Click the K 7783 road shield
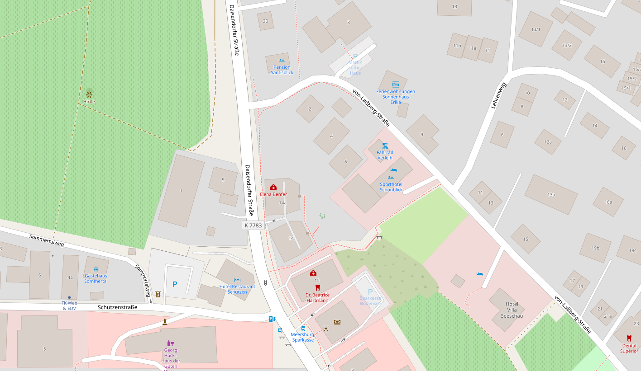[253, 225]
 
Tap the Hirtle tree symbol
[89, 94]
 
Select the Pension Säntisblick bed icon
[282, 61]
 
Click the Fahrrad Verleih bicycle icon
[385, 146]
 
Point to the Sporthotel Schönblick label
[391, 187]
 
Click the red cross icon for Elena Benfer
[273, 187]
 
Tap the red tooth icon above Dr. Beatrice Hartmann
[317, 287]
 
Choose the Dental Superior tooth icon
[629, 338]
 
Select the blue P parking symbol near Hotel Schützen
[175, 284]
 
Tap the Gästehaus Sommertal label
[96, 278]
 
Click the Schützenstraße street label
[117, 307]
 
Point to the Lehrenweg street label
[498, 95]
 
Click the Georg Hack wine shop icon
[171, 343]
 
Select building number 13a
[551, 195]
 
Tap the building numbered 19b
[595, 248]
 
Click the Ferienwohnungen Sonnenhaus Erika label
[396, 97]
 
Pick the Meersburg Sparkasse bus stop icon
[303, 329]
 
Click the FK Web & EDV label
[69, 305]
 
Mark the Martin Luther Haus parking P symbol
[355, 56]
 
